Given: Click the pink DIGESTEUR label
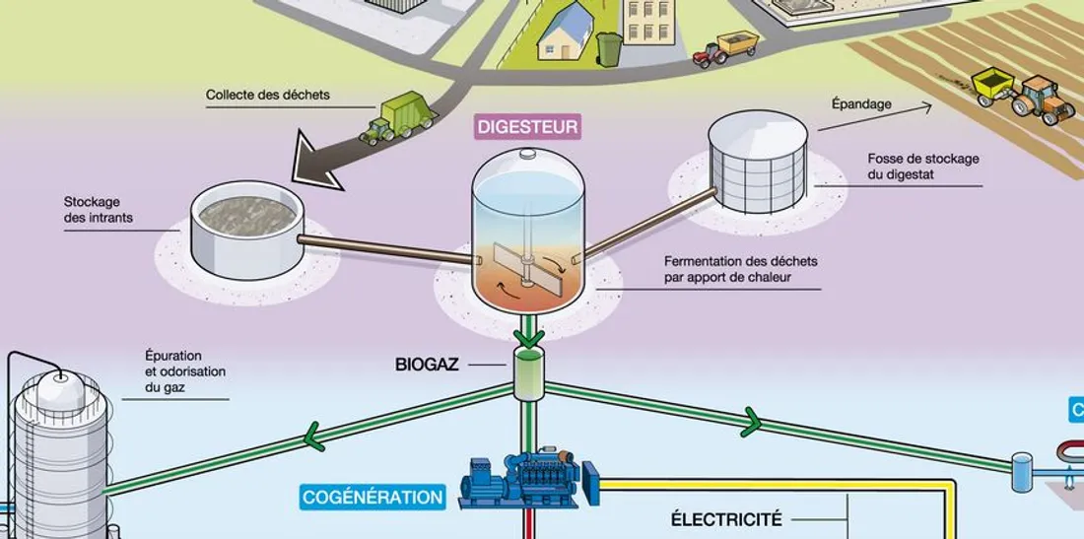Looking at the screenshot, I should click(x=527, y=126).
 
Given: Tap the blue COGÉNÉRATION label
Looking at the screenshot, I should click(x=373, y=497).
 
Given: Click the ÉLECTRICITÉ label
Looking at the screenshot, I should click(x=726, y=518).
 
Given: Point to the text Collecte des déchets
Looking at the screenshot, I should click(x=268, y=96).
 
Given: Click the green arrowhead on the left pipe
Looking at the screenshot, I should click(x=314, y=435).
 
